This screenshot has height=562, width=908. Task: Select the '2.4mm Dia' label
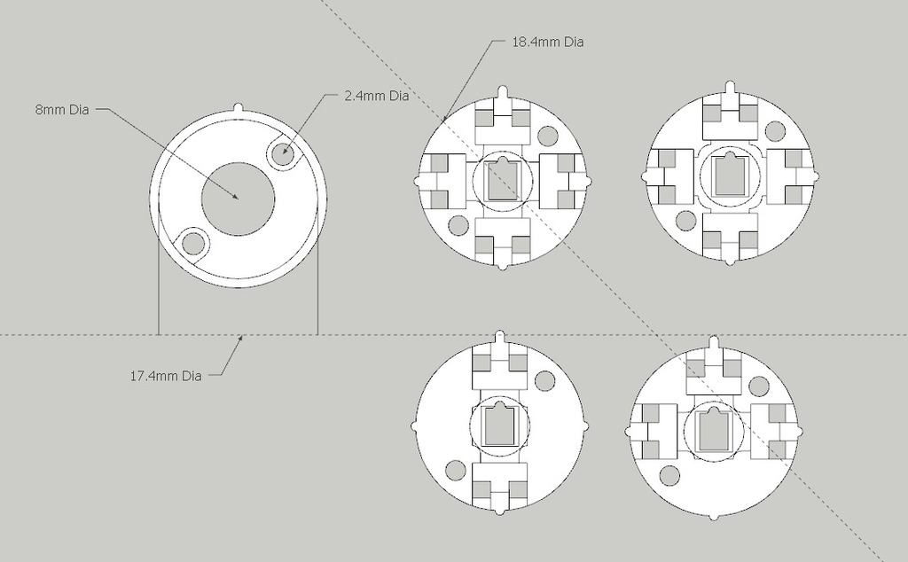coord(375,96)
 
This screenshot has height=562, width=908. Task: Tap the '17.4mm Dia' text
coord(166,376)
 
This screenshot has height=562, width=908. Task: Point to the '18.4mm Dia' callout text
coord(547,42)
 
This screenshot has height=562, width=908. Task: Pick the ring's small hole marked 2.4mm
coord(285,152)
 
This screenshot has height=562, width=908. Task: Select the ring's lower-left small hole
coord(192,242)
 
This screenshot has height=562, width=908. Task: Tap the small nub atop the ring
coord(238,106)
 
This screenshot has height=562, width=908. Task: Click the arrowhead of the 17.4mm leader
coord(239,339)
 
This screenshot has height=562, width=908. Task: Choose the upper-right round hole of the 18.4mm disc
coord(547,136)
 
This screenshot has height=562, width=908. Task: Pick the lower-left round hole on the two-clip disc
coord(457,470)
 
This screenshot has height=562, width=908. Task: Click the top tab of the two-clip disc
coord(502,338)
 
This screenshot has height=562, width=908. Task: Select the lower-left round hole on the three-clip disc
coord(669,475)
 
